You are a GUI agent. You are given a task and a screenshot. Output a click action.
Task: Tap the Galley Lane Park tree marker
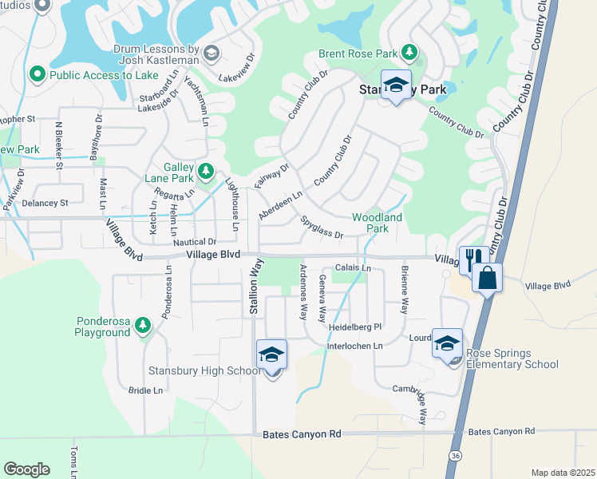tap(206, 170)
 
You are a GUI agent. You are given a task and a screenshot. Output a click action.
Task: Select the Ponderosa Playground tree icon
tap(143, 324)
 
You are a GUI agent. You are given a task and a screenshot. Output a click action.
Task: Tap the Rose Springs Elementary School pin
tap(447, 344)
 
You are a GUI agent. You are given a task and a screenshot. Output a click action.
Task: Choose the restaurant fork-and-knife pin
tap(473, 259)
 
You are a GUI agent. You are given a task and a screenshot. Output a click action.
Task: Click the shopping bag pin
tap(487, 279)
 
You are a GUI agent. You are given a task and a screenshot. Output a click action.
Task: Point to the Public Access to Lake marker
tap(37, 75)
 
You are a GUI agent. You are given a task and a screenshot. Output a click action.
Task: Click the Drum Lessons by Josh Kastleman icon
tap(212, 53)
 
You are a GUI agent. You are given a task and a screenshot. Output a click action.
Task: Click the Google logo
tap(26, 469)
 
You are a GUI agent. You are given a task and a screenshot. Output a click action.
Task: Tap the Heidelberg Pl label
tap(356, 327)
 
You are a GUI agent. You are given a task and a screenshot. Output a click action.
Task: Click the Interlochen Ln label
tap(356, 346)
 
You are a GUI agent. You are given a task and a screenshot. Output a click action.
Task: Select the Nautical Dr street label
tap(196, 241)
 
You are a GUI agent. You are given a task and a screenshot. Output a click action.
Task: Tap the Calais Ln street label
tap(353, 268)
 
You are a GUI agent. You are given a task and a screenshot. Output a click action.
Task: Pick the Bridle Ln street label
tap(145, 390)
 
